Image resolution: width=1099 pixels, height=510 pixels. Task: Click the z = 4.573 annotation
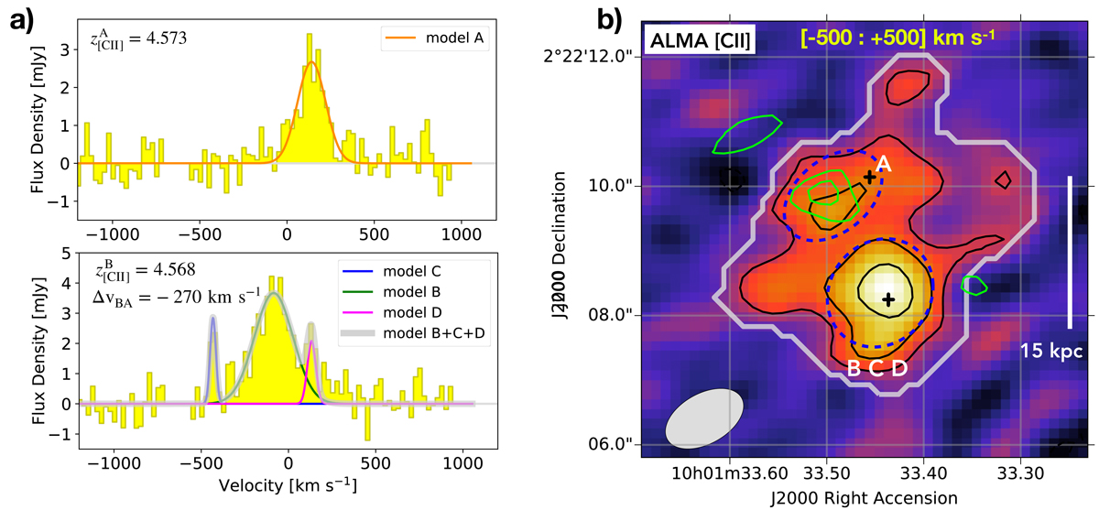136,39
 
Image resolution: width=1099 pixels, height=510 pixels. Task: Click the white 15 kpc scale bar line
1069,252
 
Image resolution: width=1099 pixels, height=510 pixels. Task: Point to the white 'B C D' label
877,369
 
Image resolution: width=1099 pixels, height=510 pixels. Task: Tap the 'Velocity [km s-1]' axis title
287,483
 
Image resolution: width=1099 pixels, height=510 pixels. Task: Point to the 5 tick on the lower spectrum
66,254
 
